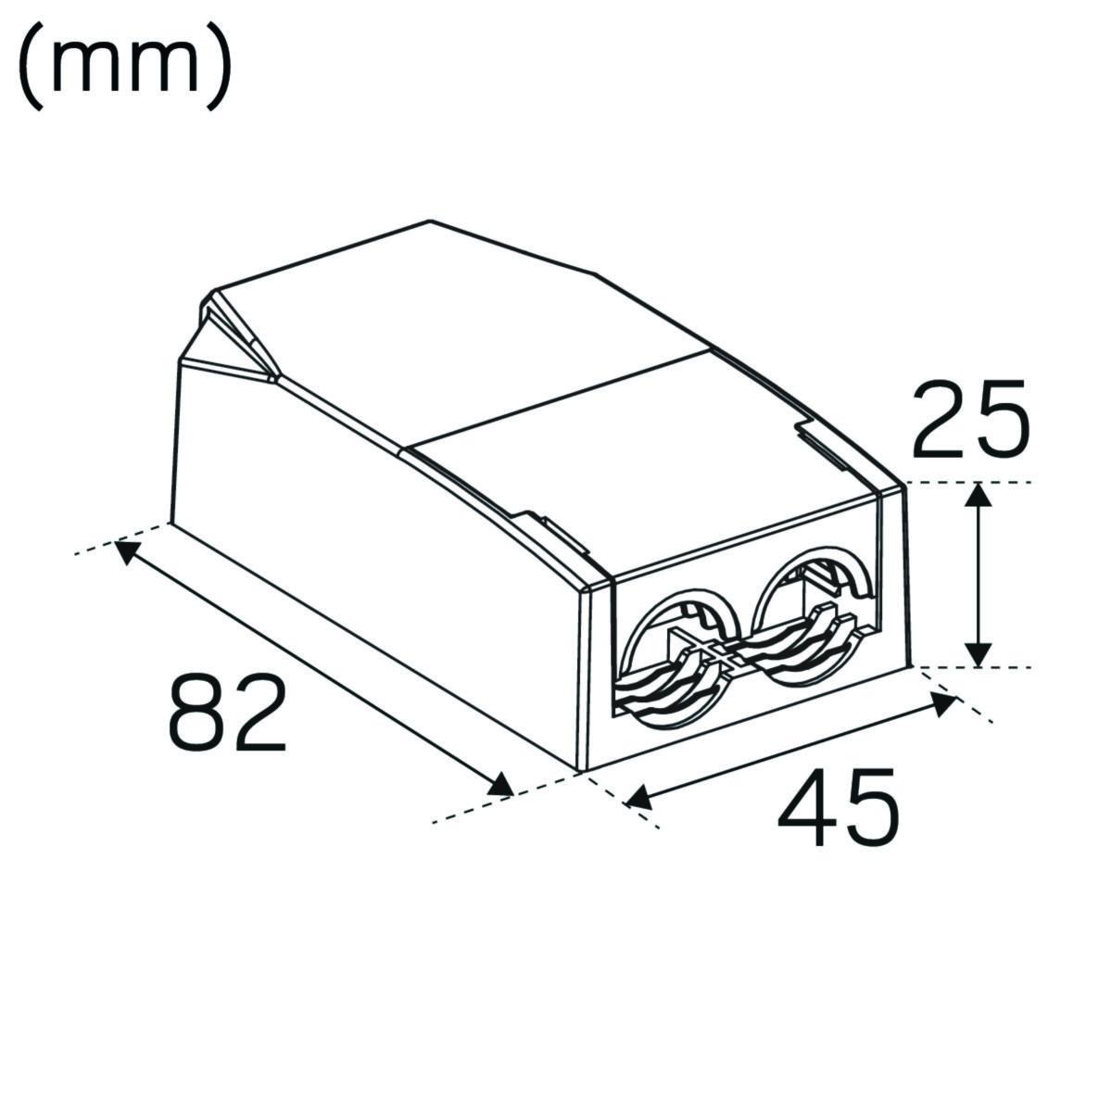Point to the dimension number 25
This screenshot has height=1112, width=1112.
tap(969, 418)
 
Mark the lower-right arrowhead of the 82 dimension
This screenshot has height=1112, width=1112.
tap(500, 786)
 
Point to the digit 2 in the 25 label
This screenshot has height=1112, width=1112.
tap(940, 418)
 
